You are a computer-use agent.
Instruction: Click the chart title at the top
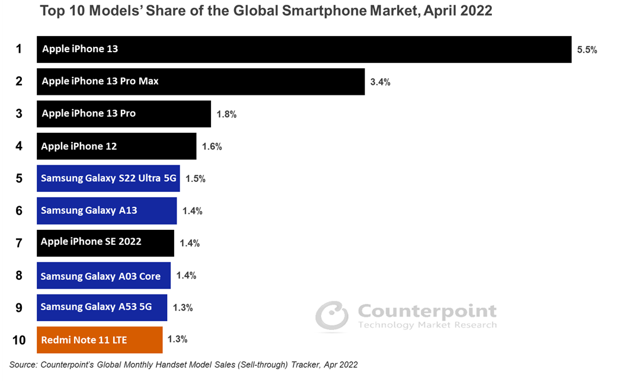pos(265,11)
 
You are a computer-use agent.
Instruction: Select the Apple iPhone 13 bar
pos(304,49)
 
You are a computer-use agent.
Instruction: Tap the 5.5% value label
pos(587,50)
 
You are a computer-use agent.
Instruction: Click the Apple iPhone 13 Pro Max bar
pos(200,81)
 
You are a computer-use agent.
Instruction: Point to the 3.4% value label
pos(380,82)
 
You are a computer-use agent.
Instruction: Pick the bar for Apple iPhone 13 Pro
pos(123,113)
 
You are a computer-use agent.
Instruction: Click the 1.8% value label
pos(226,114)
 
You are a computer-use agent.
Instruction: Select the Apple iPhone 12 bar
pos(116,146)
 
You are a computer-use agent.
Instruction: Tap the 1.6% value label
pos(212,146)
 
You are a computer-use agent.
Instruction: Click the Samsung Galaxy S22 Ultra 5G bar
pos(108,178)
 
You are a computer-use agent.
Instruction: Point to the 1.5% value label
pos(195,178)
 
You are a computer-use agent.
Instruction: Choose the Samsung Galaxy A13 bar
pos(107,211)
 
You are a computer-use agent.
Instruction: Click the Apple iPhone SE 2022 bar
pos(105,243)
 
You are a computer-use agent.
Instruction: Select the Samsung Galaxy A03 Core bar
pos(104,276)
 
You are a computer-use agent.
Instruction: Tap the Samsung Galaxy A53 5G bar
pos(102,308)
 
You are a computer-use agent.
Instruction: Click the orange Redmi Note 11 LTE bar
pos(100,340)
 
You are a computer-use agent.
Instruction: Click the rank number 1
pos(19,49)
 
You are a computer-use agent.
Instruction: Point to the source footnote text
pos(183,365)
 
